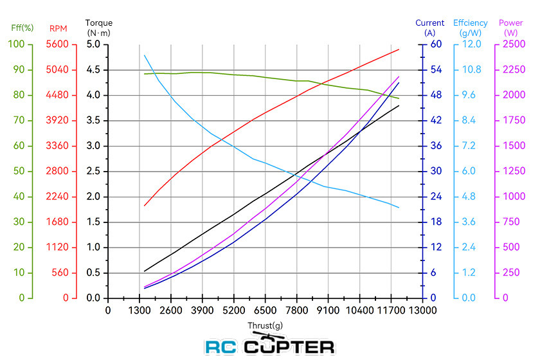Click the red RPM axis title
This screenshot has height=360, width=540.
(x=59, y=28)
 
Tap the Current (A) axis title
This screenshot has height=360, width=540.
(x=429, y=28)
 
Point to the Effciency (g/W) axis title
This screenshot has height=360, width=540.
(x=471, y=28)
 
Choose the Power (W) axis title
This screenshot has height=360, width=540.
(x=511, y=28)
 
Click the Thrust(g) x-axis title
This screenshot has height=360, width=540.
(x=265, y=325)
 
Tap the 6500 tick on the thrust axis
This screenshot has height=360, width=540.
(x=265, y=310)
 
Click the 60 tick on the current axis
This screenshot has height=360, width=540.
(x=436, y=44)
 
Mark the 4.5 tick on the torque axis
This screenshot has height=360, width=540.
(x=93, y=70)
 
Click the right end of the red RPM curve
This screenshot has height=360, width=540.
(x=399, y=50)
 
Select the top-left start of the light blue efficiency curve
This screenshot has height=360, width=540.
(x=144, y=55)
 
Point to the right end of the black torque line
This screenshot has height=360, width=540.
(x=399, y=105)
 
